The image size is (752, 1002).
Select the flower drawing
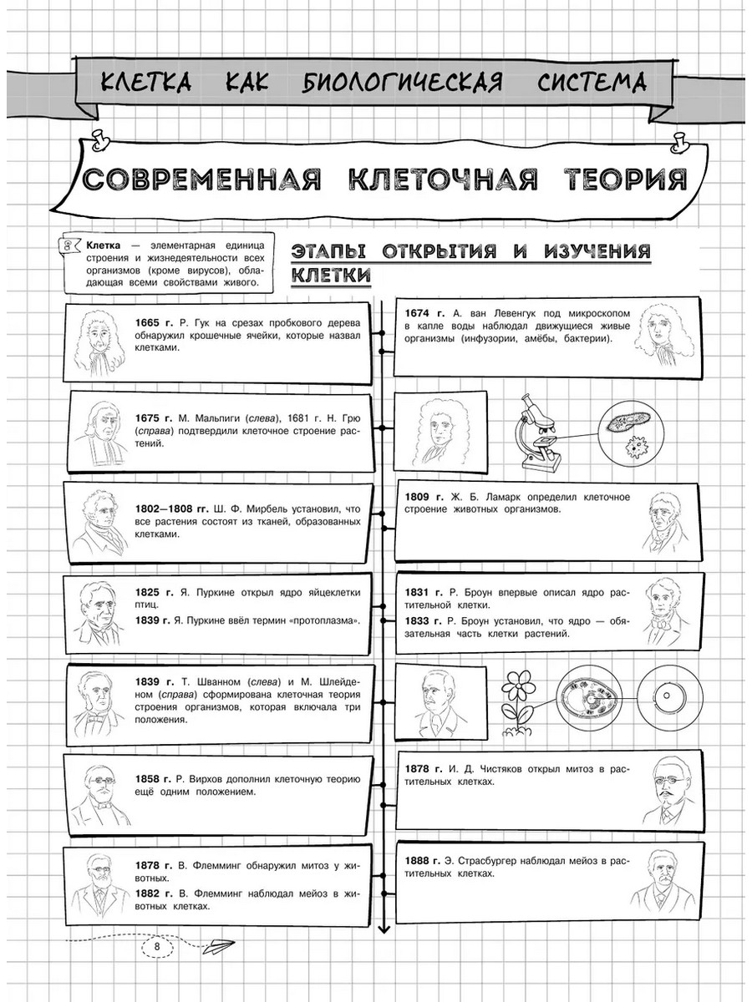(x=519, y=699)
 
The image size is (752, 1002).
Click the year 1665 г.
(x=153, y=323)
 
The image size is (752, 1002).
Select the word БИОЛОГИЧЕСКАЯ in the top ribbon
(x=399, y=82)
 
